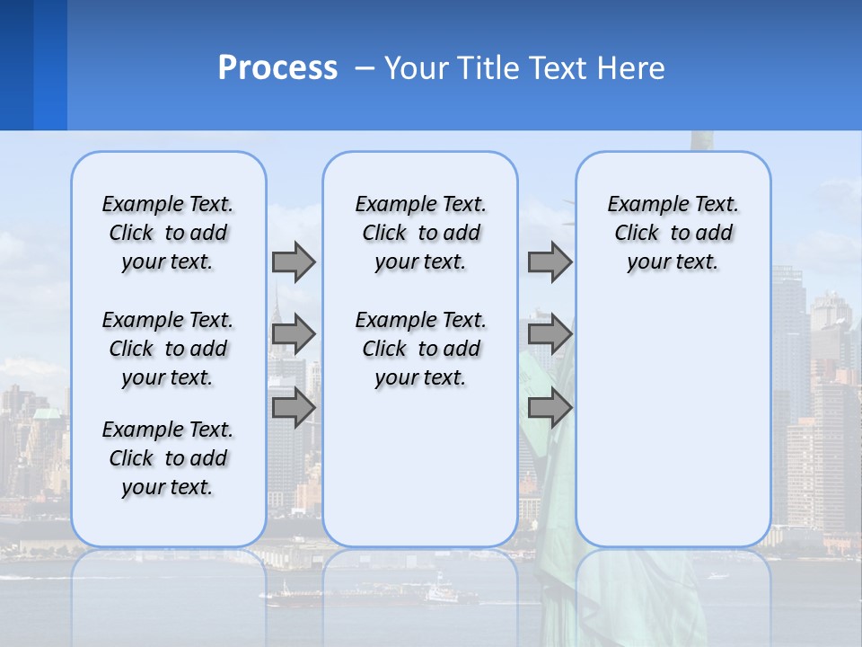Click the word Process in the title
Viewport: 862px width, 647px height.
coord(277,68)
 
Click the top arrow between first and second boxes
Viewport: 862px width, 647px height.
coord(294,261)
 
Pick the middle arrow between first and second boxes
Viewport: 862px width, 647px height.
coord(294,334)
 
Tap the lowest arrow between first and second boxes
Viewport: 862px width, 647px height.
coord(294,407)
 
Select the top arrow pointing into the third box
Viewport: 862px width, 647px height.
coord(550,261)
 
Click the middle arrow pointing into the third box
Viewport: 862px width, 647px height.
coord(550,334)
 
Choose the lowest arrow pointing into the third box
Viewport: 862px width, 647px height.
coord(550,407)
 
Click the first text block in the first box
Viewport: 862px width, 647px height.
coord(168,233)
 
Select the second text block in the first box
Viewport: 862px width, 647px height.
coord(168,349)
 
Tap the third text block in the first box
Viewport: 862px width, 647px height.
coord(168,458)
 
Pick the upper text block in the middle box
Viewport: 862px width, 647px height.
coord(420,233)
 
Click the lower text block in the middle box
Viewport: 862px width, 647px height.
coord(420,349)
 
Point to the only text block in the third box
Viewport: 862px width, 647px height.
coord(673,233)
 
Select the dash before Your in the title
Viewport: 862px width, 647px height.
coord(364,69)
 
